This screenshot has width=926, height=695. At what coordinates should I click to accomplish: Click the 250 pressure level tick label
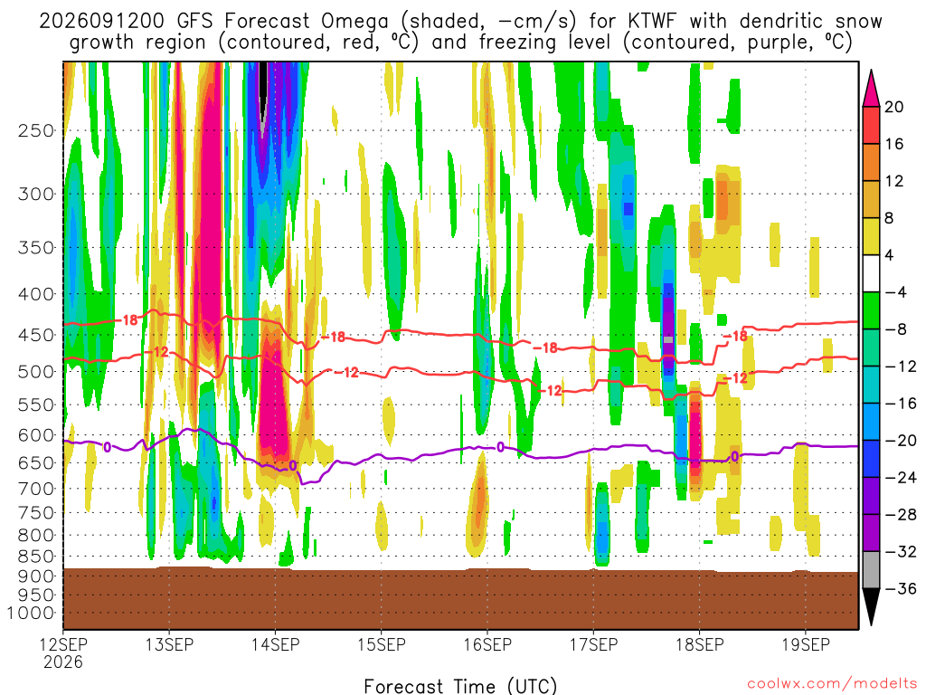point(35,130)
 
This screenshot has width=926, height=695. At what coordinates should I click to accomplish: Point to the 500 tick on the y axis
point(35,372)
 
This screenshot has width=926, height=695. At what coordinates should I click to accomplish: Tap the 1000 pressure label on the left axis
point(31,613)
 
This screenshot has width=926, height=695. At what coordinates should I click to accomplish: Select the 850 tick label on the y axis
point(35,557)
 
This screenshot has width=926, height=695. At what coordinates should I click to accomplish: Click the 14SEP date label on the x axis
point(275,644)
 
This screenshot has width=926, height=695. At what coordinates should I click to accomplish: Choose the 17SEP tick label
point(593,644)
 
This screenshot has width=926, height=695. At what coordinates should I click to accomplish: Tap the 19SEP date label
point(806,644)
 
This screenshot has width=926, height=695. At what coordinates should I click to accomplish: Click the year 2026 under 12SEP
point(63,662)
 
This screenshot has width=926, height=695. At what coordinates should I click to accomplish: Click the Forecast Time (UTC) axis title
point(460,686)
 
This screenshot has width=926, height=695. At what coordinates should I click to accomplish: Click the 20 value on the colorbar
point(893,107)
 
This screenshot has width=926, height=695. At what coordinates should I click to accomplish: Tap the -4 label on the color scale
point(895,292)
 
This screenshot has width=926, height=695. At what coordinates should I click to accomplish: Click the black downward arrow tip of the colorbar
point(871,624)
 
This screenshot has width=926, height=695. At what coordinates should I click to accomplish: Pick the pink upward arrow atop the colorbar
point(871,89)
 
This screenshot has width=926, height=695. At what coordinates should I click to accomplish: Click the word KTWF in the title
point(653,22)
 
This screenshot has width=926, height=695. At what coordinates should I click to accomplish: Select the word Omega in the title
point(354,22)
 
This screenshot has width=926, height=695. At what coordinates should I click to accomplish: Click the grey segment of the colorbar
point(871,570)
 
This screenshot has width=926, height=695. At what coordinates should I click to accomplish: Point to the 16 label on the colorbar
point(893,144)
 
